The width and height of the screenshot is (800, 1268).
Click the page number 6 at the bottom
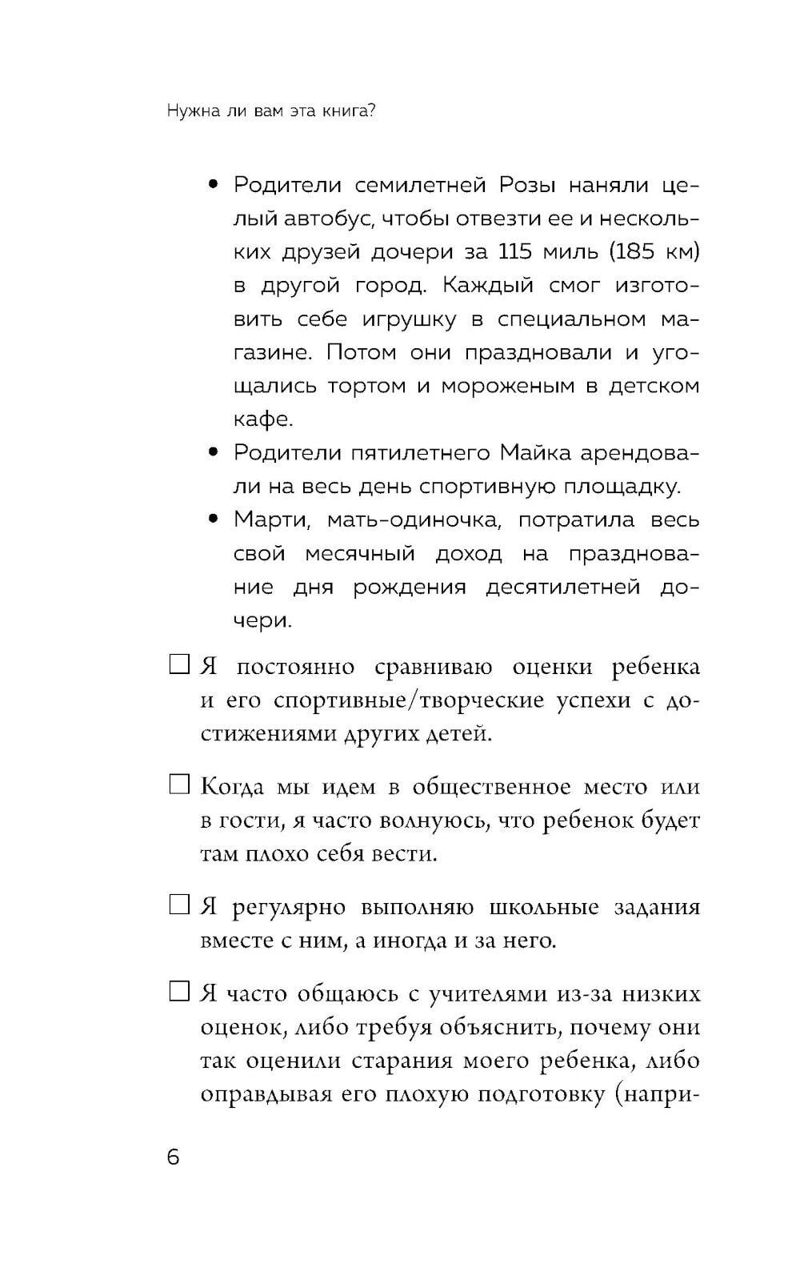[x=174, y=1158]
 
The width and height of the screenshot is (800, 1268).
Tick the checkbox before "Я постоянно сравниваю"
[x=178, y=664]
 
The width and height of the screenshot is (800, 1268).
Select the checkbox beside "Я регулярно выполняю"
[x=178, y=905]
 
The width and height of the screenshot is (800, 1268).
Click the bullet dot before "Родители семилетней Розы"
[x=213, y=186]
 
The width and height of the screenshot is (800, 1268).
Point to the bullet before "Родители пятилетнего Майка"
[x=213, y=453]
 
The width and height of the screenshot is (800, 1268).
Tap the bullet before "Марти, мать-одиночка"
[x=213, y=520]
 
